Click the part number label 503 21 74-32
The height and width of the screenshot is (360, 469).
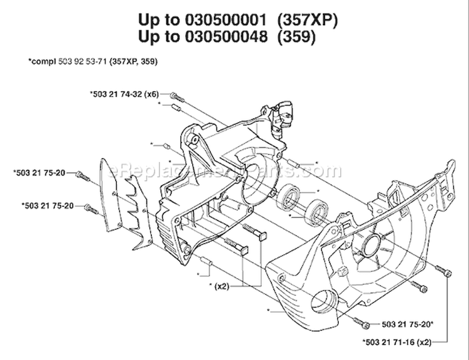[119, 94]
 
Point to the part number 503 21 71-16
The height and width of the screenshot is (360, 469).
[391, 342]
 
